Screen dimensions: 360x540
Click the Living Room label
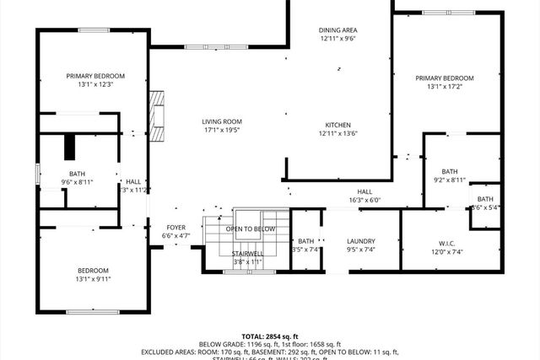(x=222, y=121)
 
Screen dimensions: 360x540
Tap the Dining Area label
(x=338, y=30)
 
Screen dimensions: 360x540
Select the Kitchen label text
(x=338, y=123)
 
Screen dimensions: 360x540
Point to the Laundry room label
(x=360, y=241)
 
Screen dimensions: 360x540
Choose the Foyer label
(x=175, y=227)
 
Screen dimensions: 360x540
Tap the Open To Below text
(x=249, y=228)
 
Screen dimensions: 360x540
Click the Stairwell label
(x=247, y=252)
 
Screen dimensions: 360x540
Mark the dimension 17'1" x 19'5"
(x=222, y=131)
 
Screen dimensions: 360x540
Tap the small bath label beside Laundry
(x=305, y=241)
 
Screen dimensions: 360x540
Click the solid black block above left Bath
(x=72, y=147)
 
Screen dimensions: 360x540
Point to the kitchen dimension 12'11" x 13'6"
(x=338, y=132)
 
